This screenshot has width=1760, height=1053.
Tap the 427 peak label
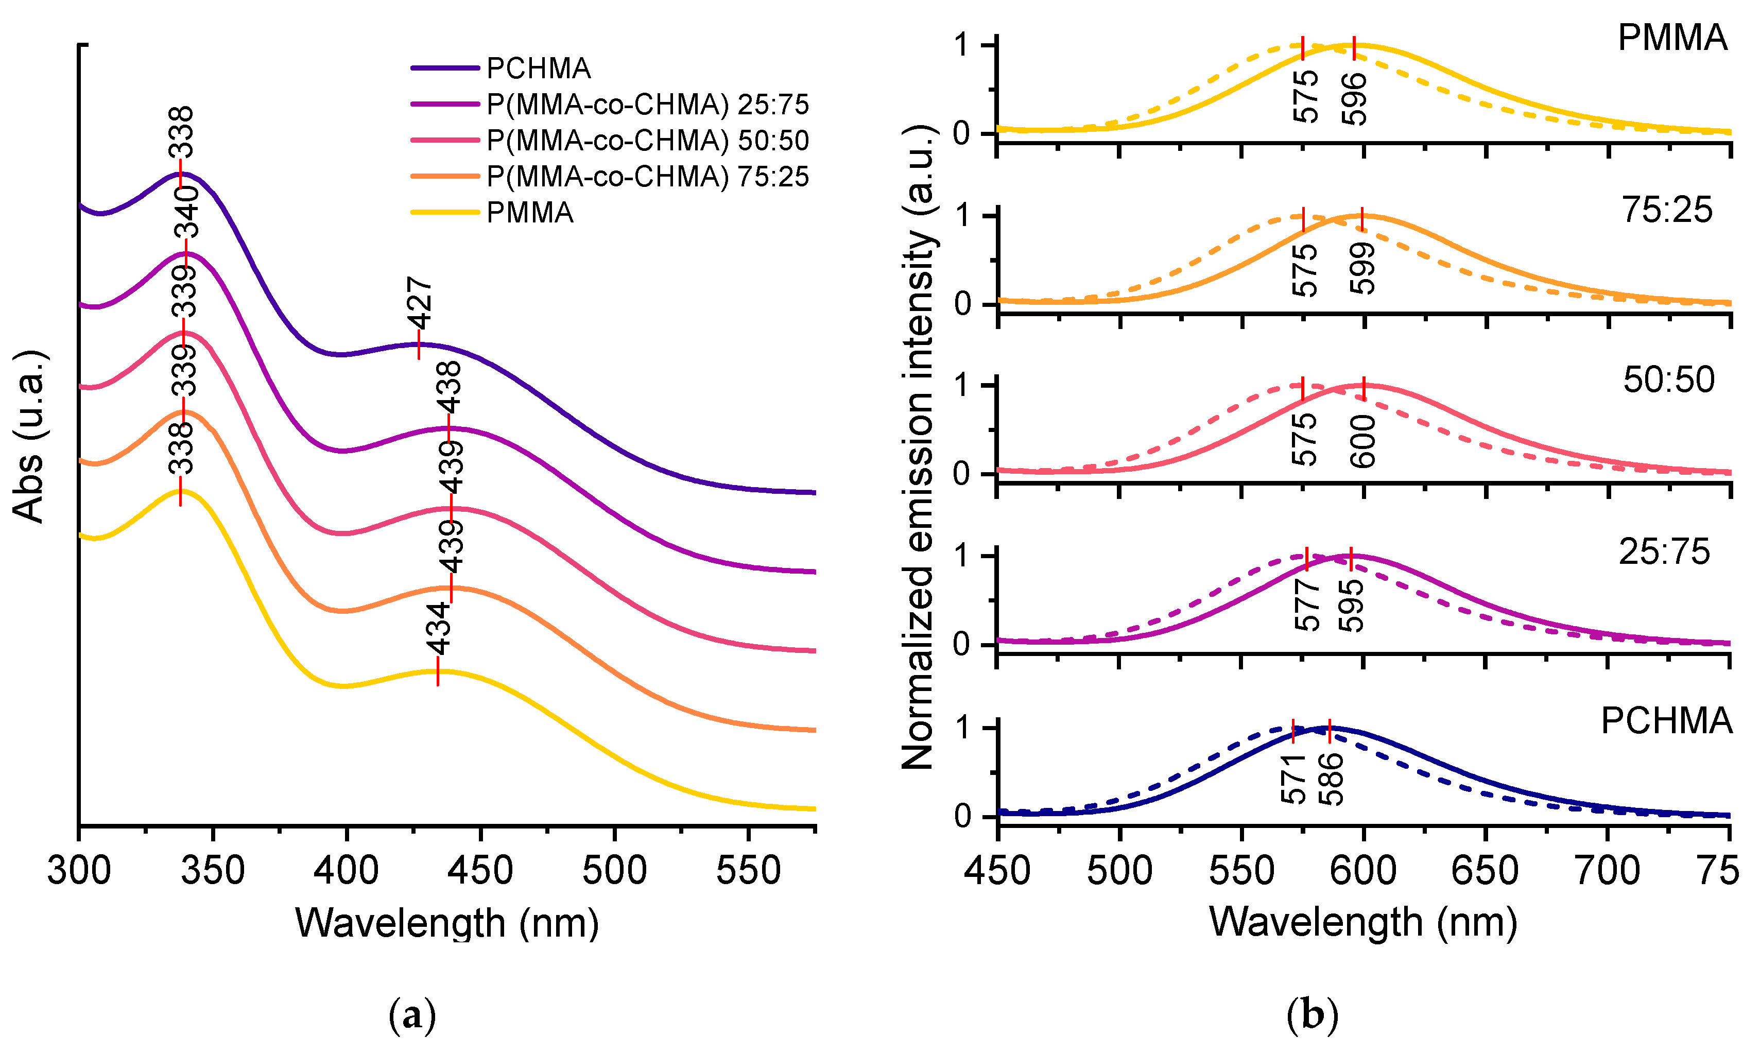(420, 303)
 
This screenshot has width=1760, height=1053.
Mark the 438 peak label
(449, 387)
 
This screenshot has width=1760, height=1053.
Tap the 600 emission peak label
(1363, 441)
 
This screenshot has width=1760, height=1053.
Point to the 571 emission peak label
(1294, 779)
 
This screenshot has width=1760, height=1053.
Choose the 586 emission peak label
(1331, 779)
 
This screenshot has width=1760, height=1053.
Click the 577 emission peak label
(1307, 605)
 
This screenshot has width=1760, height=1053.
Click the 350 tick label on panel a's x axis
(213, 870)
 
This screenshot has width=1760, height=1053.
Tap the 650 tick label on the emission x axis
(1485, 870)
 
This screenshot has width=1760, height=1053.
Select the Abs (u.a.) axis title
(30, 436)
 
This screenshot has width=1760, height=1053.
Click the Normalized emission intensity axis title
(919, 447)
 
